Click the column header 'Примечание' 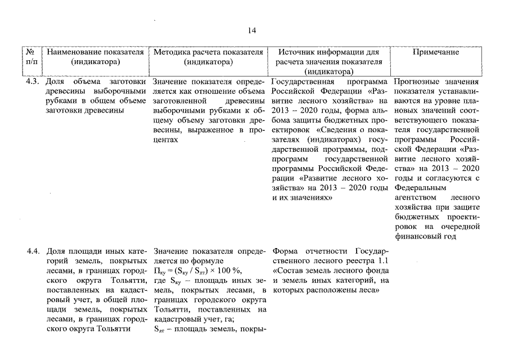coord(435,52)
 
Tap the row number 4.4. coord(33,250)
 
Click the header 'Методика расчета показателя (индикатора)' coord(208,57)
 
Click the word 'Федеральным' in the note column coord(418,188)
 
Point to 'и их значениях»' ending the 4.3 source coord(302,198)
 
